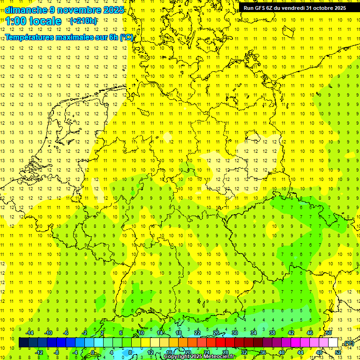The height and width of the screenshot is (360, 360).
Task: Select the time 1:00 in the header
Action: pyautogui.click(x=16, y=21)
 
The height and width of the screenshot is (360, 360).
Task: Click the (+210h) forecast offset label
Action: pyautogui.click(x=83, y=21)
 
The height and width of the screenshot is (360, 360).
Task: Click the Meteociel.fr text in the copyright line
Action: pyautogui.click(x=222, y=357)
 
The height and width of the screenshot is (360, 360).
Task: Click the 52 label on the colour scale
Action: pyautogui.click(x=338, y=352)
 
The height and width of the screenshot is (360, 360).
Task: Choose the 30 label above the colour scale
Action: pyautogui.click(x=234, y=333)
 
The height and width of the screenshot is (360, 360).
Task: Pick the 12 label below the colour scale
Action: pyautogui.click(x=150, y=352)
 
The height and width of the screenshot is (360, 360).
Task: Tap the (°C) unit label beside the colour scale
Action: pyautogui.click(x=348, y=343)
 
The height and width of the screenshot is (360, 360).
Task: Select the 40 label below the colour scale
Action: pyautogui.click(x=282, y=352)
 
